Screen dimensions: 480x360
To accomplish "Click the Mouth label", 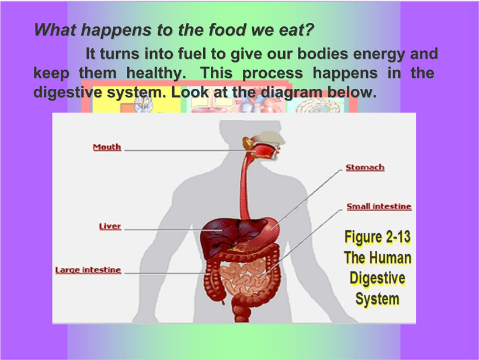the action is coord(107,147).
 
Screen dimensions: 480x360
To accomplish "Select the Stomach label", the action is coord(365,167).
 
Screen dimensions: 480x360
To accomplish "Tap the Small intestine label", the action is coord(379,206).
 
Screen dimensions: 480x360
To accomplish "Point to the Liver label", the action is coord(110,226).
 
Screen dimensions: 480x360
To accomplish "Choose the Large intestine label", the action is coord(88,270).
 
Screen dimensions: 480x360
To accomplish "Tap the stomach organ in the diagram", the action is coord(269,230).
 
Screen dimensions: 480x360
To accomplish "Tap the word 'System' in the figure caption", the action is coord(377,299).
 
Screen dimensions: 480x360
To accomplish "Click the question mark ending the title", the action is coord(310,30).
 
